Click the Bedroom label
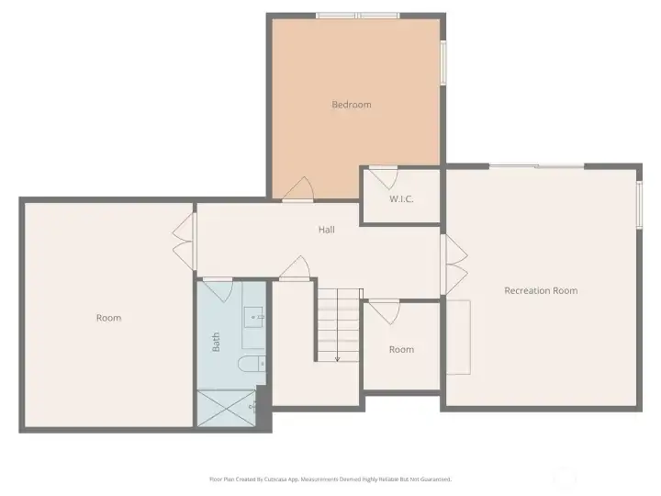pyautogui.click(x=351, y=105)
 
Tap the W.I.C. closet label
pyautogui.click(x=401, y=198)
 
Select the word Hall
pyautogui.click(x=326, y=230)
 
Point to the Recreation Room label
pyautogui.click(x=541, y=290)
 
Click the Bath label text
pyautogui.click(x=217, y=342)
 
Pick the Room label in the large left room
pyautogui.click(x=108, y=318)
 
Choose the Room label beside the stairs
pyautogui.click(x=401, y=349)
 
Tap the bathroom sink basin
pyautogui.click(x=254, y=318)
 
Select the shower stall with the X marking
pyautogui.click(x=226, y=408)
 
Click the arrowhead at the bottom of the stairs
pyautogui.click(x=337, y=358)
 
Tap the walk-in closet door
pyautogui.click(x=382, y=176)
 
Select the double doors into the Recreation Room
pyautogui.click(x=455, y=262)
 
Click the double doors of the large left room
pyautogui.click(x=184, y=241)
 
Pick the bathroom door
pyautogui.click(x=217, y=289)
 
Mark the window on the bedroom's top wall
pyautogui.click(x=357, y=15)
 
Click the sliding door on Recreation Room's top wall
pyautogui.click(x=536, y=166)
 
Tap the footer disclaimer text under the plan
pyautogui.click(x=330, y=479)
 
